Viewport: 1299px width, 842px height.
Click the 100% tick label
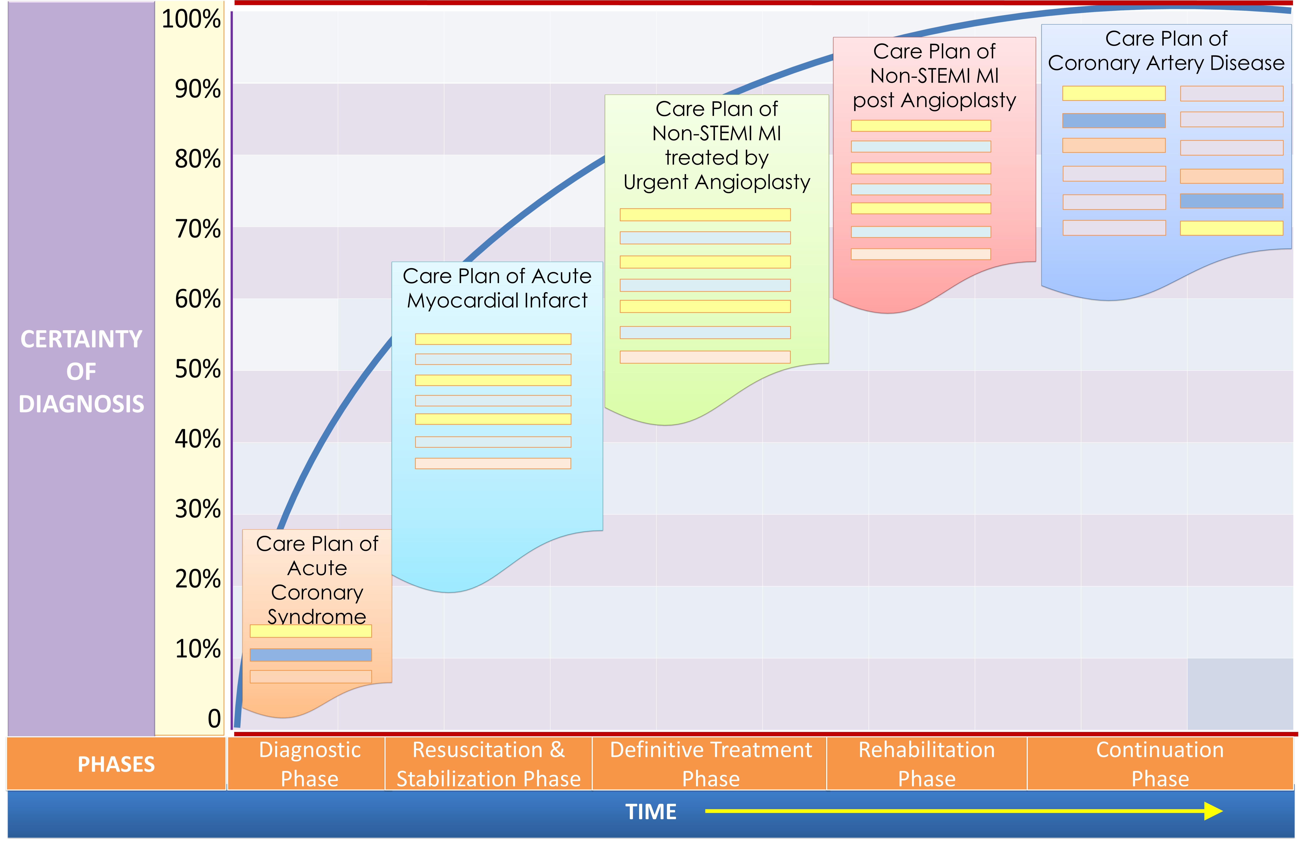(x=191, y=20)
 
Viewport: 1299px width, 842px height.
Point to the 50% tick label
(x=198, y=369)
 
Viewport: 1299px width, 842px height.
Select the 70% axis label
(x=198, y=229)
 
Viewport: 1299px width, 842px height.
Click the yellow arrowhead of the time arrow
(x=1213, y=811)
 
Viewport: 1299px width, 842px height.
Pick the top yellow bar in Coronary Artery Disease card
(x=1113, y=93)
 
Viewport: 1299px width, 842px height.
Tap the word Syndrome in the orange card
(x=317, y=617)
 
